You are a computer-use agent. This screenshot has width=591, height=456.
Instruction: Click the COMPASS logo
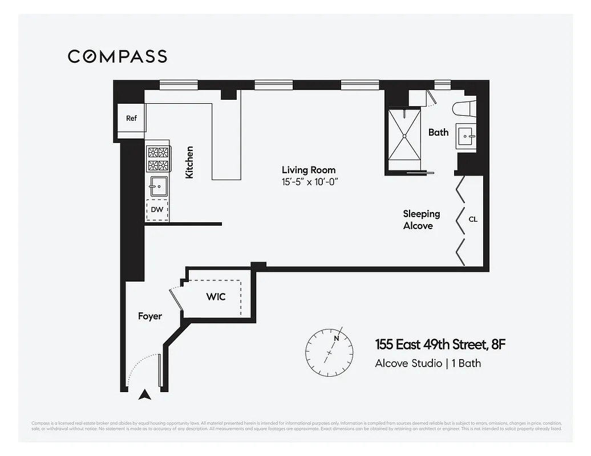[x=118, y=56]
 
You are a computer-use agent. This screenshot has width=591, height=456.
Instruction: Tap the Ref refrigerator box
[x=131, y=119]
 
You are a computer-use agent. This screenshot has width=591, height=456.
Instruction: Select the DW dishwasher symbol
[x=157, y=210]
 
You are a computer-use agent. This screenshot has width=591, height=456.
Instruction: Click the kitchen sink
[x=158, y=185]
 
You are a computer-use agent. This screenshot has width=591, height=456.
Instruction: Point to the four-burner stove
[x=159, y=159]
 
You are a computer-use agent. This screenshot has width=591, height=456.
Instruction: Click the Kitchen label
[x=189, y=162]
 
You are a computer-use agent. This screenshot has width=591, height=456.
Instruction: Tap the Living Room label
[x=309, y=170]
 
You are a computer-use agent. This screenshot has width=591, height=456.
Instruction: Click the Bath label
[x=438, y=132]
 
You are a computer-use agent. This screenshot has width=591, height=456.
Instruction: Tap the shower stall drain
[x=404, y=136]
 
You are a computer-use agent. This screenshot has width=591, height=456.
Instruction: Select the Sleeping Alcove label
[x=422, y=219]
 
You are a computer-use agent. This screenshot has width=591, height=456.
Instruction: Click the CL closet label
[x=473, y=219]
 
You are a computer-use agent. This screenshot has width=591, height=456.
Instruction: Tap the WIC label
[x=216, y=297]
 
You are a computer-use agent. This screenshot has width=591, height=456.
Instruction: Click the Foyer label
[x=150, y=316]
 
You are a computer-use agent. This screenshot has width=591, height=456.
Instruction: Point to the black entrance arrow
[x=145, y=393]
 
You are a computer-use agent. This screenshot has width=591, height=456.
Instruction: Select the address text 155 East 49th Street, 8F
[x=440, y=344]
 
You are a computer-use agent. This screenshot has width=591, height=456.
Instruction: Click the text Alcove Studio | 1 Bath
[x=428, y=363]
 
